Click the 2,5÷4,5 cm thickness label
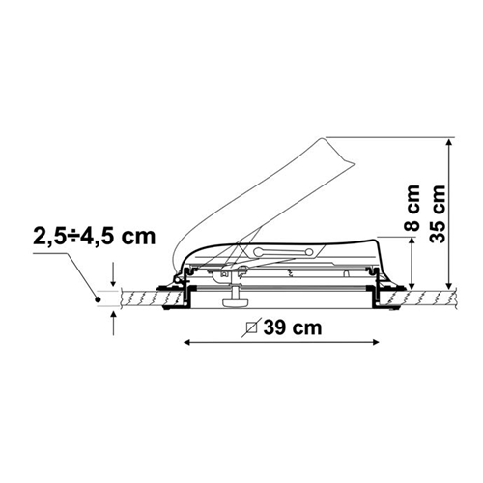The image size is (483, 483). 95,237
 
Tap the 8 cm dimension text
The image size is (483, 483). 412,209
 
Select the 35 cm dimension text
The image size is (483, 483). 438,213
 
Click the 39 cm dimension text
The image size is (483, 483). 293,327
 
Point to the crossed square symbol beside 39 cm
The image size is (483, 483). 251,327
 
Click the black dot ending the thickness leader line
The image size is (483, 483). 98,299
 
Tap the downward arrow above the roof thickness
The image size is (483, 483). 113,274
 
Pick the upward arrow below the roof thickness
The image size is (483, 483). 113,323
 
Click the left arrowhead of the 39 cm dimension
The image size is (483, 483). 186,342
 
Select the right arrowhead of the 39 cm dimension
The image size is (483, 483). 376,342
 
